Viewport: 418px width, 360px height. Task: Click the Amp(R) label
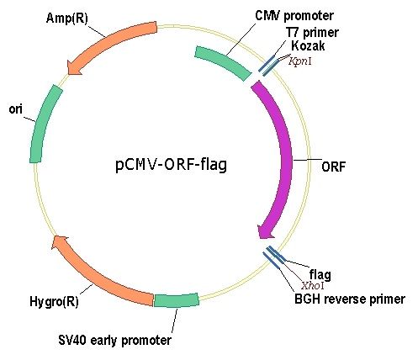point(66,19)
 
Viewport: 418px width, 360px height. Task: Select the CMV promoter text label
point(294,16)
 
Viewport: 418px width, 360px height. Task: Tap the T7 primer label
point(312,33)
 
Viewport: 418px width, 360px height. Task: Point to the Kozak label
point(308,45)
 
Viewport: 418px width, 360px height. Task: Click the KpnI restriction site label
point(300,61)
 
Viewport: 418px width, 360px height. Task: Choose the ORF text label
point(333,167)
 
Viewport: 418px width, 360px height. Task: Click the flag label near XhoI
point(320,274)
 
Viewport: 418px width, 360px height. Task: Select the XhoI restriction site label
point(313,286)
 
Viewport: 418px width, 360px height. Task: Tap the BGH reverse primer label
point(350,299)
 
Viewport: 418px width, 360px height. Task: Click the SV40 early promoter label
point(114,341)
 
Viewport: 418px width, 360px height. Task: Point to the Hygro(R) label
point(54,302)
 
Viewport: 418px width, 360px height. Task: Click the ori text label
point(15,109)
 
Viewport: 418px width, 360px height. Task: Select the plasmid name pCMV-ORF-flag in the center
point(171,165)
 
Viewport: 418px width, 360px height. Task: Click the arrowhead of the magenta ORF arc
point(265,231)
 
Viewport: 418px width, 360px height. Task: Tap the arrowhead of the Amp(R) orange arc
point(74,68)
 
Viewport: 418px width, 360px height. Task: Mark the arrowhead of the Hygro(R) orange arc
point(59,242)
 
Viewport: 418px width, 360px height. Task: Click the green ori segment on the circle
point(44,123)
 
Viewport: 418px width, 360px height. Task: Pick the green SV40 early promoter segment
point(177,300)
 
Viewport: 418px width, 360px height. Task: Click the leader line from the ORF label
point(307,160)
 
